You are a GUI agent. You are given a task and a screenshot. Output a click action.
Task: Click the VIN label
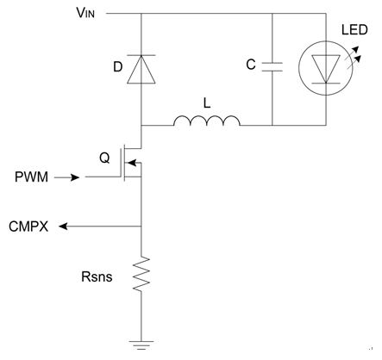[x=85, y=13]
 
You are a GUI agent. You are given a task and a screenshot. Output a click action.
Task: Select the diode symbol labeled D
[x=141, y=69]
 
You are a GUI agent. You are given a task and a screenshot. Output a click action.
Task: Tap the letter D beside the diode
[x=118, y=67]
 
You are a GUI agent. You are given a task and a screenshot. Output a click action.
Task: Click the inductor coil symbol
[x=207, y=121]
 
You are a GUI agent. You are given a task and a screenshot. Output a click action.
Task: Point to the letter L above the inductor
[x=207, y=103]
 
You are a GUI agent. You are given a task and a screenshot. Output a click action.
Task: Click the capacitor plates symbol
[x=272, y=66]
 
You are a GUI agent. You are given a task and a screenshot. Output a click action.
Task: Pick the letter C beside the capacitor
[x=251, y=65]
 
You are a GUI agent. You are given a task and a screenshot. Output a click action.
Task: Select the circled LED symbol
[x=326, y=68]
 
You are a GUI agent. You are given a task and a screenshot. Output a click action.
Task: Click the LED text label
[x=354, y=30]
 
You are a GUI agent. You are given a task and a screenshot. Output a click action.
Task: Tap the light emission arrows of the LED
[x=353, y=58]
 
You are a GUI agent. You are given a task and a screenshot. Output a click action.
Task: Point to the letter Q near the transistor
[x=104, y=158]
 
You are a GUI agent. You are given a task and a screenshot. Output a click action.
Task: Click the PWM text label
[x=31, y=177]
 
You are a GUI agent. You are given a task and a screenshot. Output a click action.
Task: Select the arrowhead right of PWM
[x=75, y=177]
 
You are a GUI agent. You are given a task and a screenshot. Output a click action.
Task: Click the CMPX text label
[x=28, y=227]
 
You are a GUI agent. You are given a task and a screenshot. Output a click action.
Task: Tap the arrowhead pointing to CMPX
[x=63, y=227]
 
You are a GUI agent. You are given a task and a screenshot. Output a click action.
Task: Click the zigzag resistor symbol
[x=141, y=274]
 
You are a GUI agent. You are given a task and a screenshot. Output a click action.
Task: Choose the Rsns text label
[x=97, y=276]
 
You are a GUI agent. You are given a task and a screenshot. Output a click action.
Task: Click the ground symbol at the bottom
[x=141, y=345]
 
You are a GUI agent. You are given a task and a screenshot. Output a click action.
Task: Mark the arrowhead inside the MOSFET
[x=131, y=163]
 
